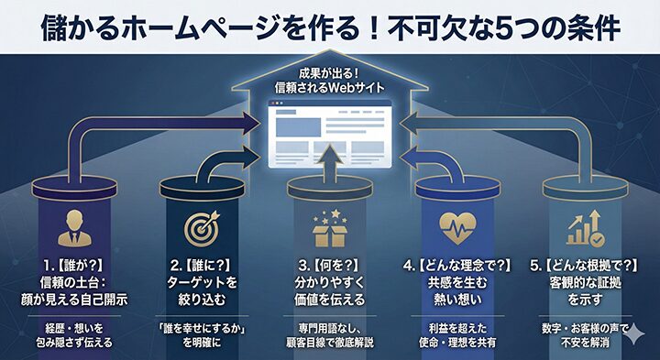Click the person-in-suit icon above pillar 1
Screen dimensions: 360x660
click(x=71, y=228)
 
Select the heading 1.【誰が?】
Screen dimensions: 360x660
click(x=71, y=266)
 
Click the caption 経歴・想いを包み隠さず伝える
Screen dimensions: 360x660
click(x=71, y=334)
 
